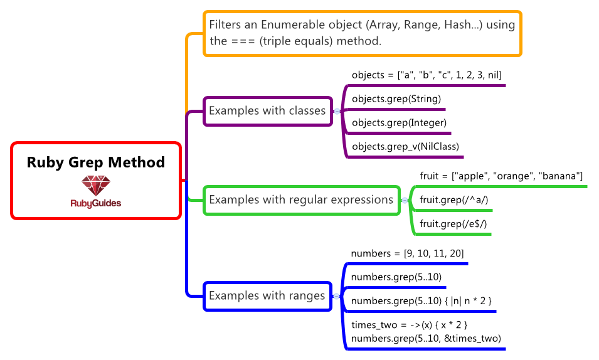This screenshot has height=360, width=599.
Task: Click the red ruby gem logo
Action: (x=95, y=185)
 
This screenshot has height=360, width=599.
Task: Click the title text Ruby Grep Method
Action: (x=95, y=162)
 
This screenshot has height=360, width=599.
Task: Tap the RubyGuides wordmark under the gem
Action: (x=95, y=203)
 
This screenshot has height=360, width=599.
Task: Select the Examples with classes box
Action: (x=267, y=111)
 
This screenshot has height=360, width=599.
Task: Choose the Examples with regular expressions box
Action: (x=301, y=200)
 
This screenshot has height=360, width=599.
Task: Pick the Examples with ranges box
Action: (x=267, y=295)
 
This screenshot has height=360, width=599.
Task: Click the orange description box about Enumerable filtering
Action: (x=362, y=33)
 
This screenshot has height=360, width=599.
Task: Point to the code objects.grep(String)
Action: (x=396, y=98)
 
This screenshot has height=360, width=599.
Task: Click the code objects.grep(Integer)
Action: (x=399, y=122)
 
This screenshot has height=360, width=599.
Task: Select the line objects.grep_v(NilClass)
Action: (x=405, y=147)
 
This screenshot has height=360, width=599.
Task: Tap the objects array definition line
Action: (x=427, y=75)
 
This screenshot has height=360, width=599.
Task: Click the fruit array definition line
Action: (x=501, y=176)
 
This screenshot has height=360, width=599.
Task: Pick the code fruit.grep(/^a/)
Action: (x=453, y=200)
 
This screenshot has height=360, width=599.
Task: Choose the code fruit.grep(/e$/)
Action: (x=453, y=223)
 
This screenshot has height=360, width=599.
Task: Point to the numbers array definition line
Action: (x=407, y=253)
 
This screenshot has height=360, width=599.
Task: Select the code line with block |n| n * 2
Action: (x=421, y=300)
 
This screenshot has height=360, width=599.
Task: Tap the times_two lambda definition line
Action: (x=409, y=325)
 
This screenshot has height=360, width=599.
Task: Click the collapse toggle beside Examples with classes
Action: (x=337, y=111)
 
